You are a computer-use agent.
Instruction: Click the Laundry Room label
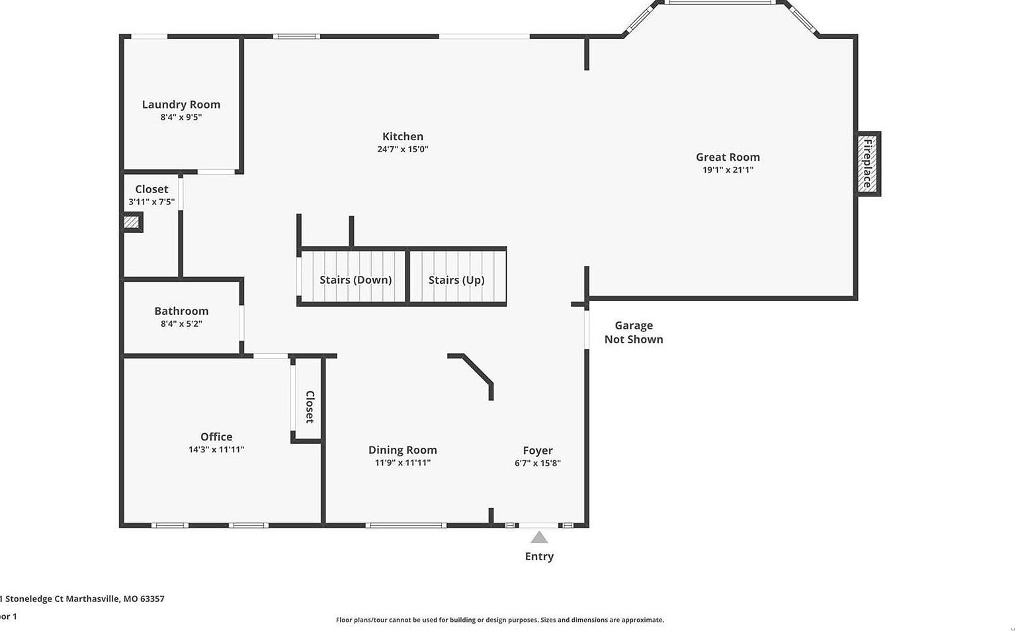tap(181, 105)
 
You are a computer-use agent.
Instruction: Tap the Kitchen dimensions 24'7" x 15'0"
tap(403, 149)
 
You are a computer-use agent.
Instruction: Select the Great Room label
tap(728, 157)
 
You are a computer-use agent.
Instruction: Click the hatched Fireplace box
tap(867, 163)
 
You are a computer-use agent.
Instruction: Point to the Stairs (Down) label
tap(356, 280)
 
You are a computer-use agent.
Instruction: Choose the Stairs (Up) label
tap(456, 280)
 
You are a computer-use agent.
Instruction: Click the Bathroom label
tap(181, 311)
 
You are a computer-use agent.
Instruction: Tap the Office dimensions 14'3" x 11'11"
tap(216, 450)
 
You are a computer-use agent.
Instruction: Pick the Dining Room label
tap(402, 450)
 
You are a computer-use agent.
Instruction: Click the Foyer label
tap(538, 450)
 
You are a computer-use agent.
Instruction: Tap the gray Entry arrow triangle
tap(539, 538)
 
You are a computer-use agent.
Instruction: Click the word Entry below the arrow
tap(539, 556)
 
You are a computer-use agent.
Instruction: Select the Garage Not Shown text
tap(634, 332)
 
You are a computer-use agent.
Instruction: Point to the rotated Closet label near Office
tap(310, 407)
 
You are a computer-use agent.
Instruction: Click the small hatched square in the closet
tap(132, 222)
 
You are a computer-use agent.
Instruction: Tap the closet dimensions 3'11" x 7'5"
tap(151, 202)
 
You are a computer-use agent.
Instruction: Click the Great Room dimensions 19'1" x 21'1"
tap(728, 170)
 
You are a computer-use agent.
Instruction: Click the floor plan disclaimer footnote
tap(499, 620)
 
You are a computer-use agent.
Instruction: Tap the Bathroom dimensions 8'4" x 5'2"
tap(181, 324)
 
